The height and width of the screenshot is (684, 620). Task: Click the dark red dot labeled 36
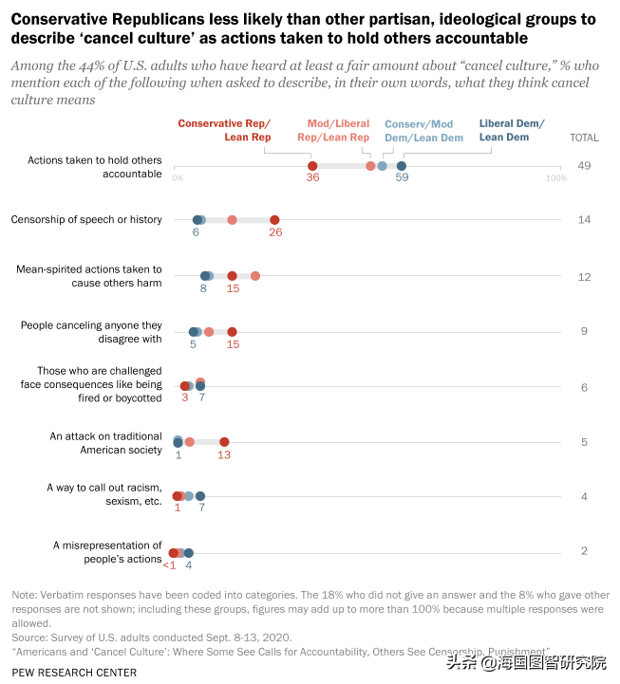click(x=312, y=166)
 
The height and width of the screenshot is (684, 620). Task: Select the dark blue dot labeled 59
click(x=402, y=166)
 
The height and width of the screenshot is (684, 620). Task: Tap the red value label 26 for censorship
click(x=275, y=232)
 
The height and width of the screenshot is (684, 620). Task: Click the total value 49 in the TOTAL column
click(x=584, y=166)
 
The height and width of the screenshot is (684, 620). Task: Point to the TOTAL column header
click(x=584, y=138)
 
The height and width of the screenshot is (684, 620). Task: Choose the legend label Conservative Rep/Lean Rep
click(x=224, y=131)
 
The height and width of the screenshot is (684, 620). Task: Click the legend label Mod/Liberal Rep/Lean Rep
click(x=339, y=131)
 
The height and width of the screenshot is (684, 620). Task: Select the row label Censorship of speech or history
click(x=86, y=219)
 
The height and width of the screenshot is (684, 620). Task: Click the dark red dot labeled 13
click(x=224, y=442)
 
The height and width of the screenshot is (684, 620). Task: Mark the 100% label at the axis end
click(x=556, y=178)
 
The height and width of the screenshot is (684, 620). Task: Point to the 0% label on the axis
click(x=178, y=178)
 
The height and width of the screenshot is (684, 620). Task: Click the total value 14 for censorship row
click(x=584, y=220)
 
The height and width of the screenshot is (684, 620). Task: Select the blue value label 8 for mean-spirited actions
click(x=203, y=288)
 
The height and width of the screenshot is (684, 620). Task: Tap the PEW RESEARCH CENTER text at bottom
click(x=75, y=673)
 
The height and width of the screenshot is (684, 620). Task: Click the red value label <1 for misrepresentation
click(x=169, y=565)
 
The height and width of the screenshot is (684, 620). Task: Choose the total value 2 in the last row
click(x=584, y=552)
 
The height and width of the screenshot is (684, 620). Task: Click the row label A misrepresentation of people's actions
click(x=107, y=552)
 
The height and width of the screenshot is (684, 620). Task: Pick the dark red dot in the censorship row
click(x=274, y=220)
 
